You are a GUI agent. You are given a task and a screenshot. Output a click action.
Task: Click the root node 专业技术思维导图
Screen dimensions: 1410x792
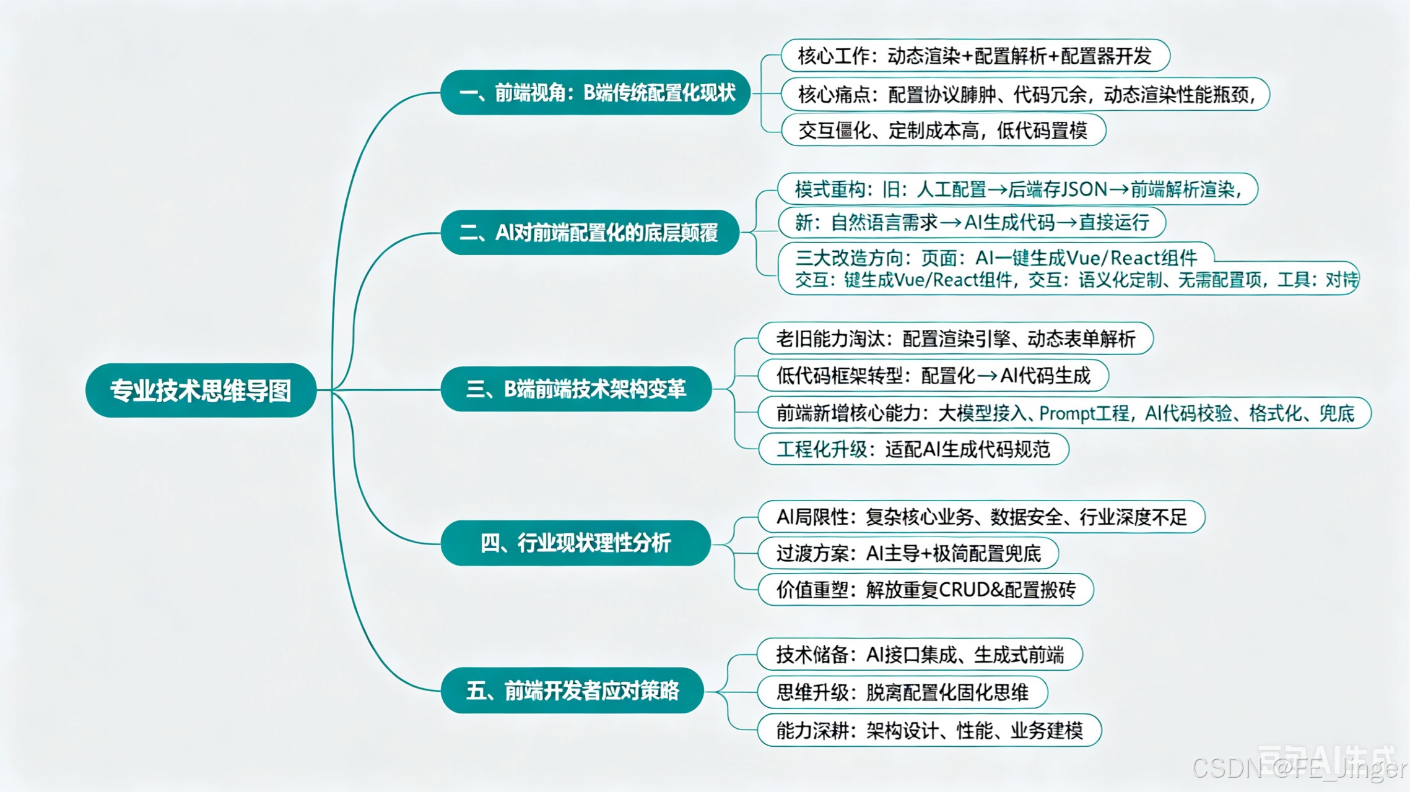point(201,390)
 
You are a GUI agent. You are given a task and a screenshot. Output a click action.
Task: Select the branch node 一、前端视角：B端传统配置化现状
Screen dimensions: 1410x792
point(596,93)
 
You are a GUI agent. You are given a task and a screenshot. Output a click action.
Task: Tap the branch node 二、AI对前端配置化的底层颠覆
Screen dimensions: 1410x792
point(590,233)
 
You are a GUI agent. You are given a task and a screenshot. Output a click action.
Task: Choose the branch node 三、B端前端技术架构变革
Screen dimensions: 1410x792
point(576,389)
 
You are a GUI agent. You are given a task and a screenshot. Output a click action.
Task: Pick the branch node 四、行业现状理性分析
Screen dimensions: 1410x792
point(575,543)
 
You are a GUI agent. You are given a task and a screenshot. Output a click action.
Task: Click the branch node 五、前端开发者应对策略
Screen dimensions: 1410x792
point(572,690)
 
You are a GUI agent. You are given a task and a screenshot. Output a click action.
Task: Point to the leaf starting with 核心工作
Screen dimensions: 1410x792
point(975,56)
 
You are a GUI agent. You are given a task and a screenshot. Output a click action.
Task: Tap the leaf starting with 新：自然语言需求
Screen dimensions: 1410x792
point(972,223)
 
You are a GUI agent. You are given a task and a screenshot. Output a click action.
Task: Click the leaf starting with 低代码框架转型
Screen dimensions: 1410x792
point(933,376)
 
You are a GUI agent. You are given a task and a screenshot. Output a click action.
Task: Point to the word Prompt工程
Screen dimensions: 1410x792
point(1084,413)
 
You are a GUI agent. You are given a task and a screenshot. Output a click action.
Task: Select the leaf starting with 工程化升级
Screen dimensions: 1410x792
point(913,449)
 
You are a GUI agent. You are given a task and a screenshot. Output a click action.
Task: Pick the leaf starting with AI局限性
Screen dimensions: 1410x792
point(981,517)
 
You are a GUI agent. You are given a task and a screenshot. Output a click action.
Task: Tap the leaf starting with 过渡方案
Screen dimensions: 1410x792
point(908,553)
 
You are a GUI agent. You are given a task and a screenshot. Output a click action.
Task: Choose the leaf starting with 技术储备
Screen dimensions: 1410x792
point(920,655)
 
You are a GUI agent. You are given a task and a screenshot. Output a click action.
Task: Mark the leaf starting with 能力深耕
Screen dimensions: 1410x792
point(929,731)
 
